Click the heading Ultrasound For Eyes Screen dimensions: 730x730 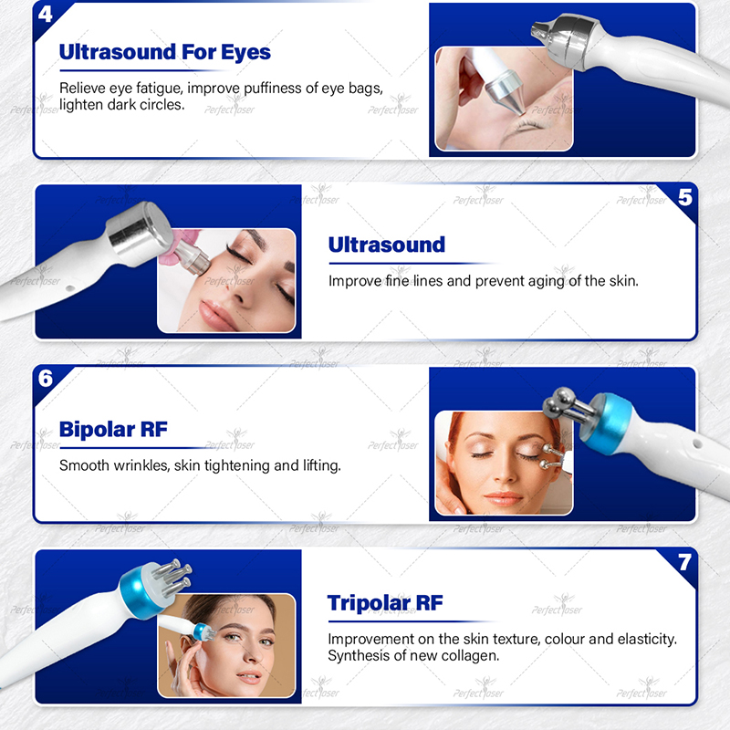pyautogui.click(x=165, y=52)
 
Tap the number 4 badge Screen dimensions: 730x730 pyautogui.click(x=46, y=14)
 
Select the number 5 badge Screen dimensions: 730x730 pyautogui.click(x=684, y=197)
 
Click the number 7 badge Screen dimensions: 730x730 pyautogui.click(x=684, y=562)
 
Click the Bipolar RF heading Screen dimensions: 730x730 pyautogui.click(x=113, y=429)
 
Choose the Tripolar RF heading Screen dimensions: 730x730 pyautogui.click(x=385, y=602)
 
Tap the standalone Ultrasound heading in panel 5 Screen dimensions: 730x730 pyautogui.click(x=387, y=245)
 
